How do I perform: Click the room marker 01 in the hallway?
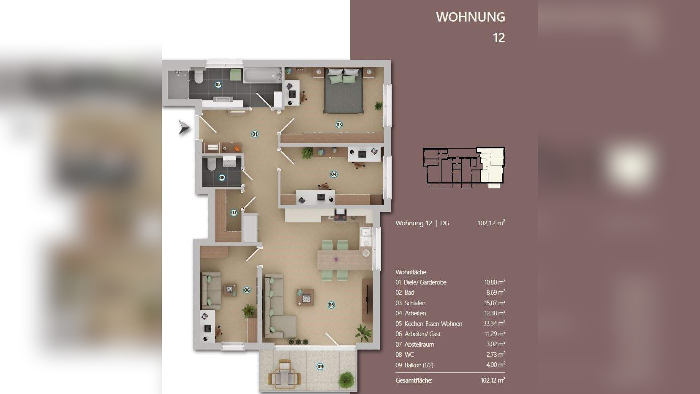pos(255,134)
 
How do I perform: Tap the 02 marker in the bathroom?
pos(218,85)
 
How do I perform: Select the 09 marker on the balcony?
pos(320,367)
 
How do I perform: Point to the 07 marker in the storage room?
pos(234,213)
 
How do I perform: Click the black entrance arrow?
pos(184,127)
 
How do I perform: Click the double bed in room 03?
pos(343,90)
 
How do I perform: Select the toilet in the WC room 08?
pos(212,164)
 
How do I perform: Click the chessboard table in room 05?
pos(305,297)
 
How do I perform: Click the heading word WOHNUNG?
pos(470,17)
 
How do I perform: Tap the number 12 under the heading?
pos(499,38)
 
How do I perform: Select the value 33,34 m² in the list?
pos(494,323)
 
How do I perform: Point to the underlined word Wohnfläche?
pos(411,272)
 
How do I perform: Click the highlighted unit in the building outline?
pos(492,165)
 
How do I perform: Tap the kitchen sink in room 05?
pos(365,237)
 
